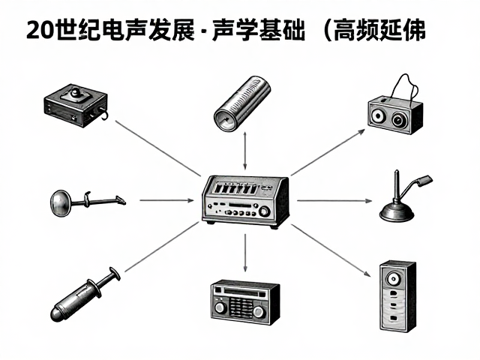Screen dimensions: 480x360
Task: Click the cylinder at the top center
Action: (x=241, y=103)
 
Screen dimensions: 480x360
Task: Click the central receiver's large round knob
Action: (x=264, y=211)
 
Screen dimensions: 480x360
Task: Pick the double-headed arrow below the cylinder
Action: (x=245, y=151)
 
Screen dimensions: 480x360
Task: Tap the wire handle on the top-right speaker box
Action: (x=406, y=86)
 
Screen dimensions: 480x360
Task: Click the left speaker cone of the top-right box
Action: (x=378, y=115)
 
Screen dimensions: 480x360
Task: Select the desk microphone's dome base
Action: (x=397, y=213)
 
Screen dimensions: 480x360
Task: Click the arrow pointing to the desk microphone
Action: (x=334, y=201)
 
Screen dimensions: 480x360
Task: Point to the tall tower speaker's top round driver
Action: (x=393, y=279)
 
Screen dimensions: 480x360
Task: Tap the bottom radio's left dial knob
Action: (x=220, y=307)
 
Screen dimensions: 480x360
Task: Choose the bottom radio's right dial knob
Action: (x=259, y=311)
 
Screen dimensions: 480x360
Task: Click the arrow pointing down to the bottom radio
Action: (x=245, y=253)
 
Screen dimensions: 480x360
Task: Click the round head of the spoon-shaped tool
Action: (x=61, y=203)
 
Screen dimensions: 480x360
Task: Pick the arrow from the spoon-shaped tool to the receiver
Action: (x=166, y=200)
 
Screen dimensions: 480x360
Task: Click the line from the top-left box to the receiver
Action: (x=158, y=148)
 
